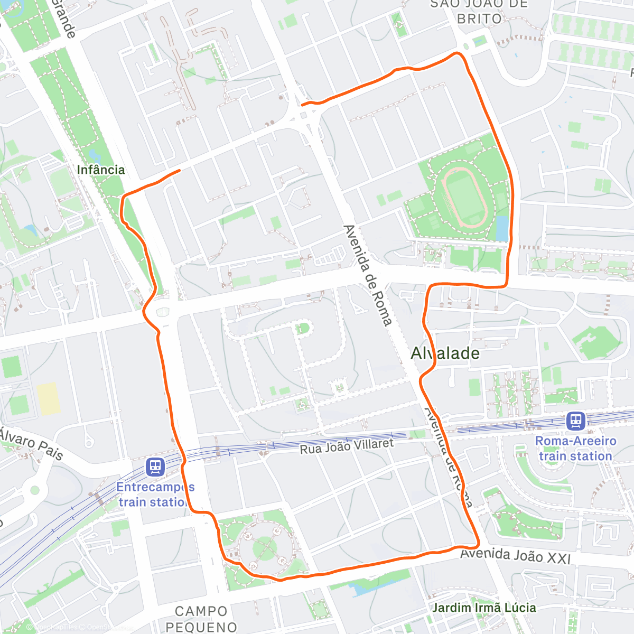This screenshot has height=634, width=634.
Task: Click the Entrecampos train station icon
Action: click(155, 467)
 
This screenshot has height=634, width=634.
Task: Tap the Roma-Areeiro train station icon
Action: click(575, 421)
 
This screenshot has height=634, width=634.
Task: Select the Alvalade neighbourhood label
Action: click(445, 353)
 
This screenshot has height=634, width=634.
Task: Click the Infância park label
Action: click(100, 170)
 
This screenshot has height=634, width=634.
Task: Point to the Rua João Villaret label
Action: click(347, 447)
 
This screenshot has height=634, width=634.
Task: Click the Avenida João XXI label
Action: click(515, 555)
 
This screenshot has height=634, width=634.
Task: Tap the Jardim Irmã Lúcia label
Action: click(484, 608)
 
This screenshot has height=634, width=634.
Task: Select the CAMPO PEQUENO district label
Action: click(201, 619)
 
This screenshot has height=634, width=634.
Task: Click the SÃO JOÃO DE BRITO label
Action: click(479, 12)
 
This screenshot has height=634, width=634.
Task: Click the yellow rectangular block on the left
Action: click(48, 399)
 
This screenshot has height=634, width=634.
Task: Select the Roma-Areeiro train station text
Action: click(575, 449)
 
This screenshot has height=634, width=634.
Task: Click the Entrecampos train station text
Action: click(155, 495)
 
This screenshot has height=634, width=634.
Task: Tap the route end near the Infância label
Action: click(180, 170)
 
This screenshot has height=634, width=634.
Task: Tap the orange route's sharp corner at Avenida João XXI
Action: click(477, 545)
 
